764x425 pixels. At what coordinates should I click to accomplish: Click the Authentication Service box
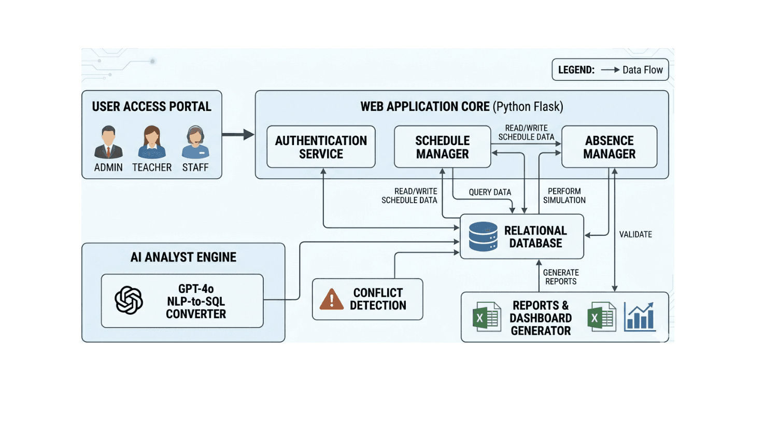pos(321,147)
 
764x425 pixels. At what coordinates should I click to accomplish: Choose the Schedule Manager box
pos(442,147)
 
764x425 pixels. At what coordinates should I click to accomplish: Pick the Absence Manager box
pos(609,147)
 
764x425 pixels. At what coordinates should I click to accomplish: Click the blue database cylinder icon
pos(483,237)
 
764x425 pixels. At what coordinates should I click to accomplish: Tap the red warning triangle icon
pos(332,300)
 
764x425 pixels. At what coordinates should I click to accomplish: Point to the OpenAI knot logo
pos(129,300)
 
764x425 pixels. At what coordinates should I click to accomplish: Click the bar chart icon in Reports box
pos(640,317)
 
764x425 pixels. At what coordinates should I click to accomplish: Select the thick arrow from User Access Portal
pos(238,135)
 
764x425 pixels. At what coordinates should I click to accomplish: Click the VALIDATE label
pos(635,235)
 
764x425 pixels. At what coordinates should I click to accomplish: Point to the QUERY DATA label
pos(490,192)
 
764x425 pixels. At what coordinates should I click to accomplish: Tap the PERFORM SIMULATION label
pos(564,196)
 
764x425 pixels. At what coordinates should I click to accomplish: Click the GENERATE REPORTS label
pos(561,277)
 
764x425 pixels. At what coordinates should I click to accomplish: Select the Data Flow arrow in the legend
pos(610,70)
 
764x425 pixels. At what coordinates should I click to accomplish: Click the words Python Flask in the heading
pos(528,107)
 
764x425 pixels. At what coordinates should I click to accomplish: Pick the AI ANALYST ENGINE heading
pos(183,258)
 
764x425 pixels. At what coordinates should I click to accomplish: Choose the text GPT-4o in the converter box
pos(196,289)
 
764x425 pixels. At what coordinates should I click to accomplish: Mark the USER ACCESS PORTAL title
pos(151,107)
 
